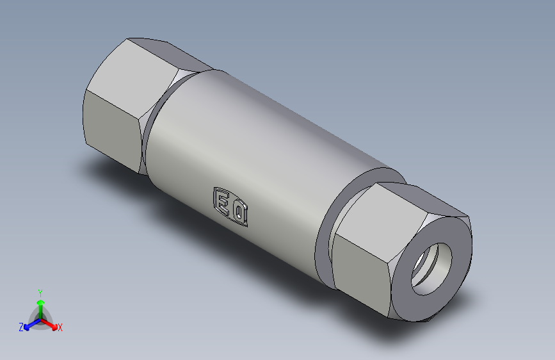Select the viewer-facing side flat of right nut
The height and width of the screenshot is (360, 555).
(x=362, y=269)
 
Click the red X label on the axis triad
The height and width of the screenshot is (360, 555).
(x=60, y=328)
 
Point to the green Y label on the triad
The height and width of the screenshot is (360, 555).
(x=40, y=291)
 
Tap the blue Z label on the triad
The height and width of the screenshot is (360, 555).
(x=21, y=327)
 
